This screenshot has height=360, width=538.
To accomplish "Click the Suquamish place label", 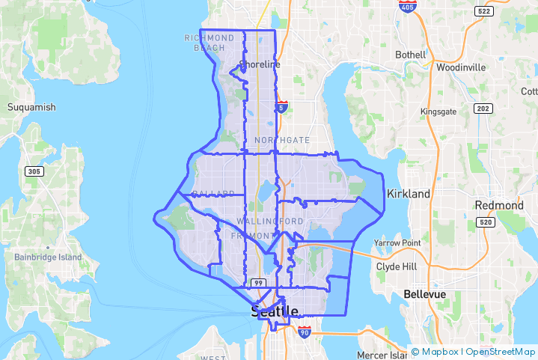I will [x=31, y=107].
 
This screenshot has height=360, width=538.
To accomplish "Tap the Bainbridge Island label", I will [x=48, y=257].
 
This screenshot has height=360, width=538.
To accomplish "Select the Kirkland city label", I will [x=409, y=194].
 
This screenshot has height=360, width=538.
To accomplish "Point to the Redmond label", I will [x=499, y=205].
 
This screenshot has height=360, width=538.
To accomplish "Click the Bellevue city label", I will [x=424, y=294].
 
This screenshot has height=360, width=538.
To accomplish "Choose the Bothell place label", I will [x=410, y=55].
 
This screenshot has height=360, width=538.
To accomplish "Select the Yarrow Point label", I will [x=397, y=243].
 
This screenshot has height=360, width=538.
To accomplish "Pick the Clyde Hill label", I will [x=398, y=266].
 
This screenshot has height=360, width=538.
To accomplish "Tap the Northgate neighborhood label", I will [x=282, y=140].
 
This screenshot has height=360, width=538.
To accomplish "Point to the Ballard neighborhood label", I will [x=213, y=194].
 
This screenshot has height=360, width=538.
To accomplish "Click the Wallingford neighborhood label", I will [x=270, y=221].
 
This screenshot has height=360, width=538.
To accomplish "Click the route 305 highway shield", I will [x=34, y=171].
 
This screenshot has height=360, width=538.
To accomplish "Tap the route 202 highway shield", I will [x=483, y=109].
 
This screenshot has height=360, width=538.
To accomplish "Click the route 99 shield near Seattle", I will [x=259, y=282].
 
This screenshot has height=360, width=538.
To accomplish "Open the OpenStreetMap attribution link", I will [x=501, y=351].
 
